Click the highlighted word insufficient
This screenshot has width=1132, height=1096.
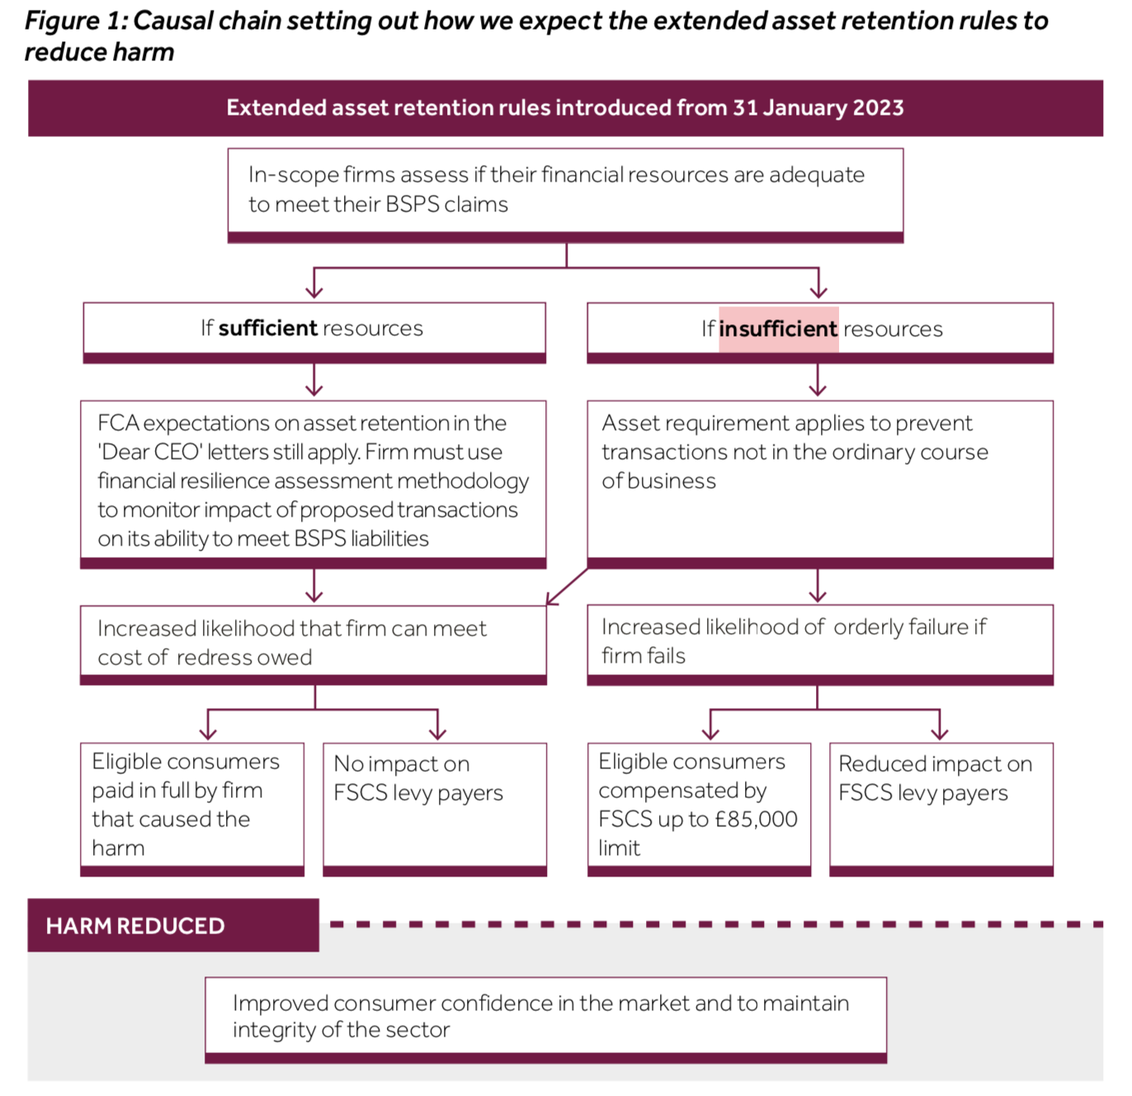tap(778, 329)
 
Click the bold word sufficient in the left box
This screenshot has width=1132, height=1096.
tap(268, 328)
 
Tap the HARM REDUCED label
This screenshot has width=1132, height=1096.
tap(135, 926)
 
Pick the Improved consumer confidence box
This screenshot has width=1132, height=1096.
tap(545, 1017)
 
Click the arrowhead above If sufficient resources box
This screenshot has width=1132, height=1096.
tap(314, 290)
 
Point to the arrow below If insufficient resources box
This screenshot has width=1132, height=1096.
tap(818, 381)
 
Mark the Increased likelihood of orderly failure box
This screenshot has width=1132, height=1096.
tap(819, 641)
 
